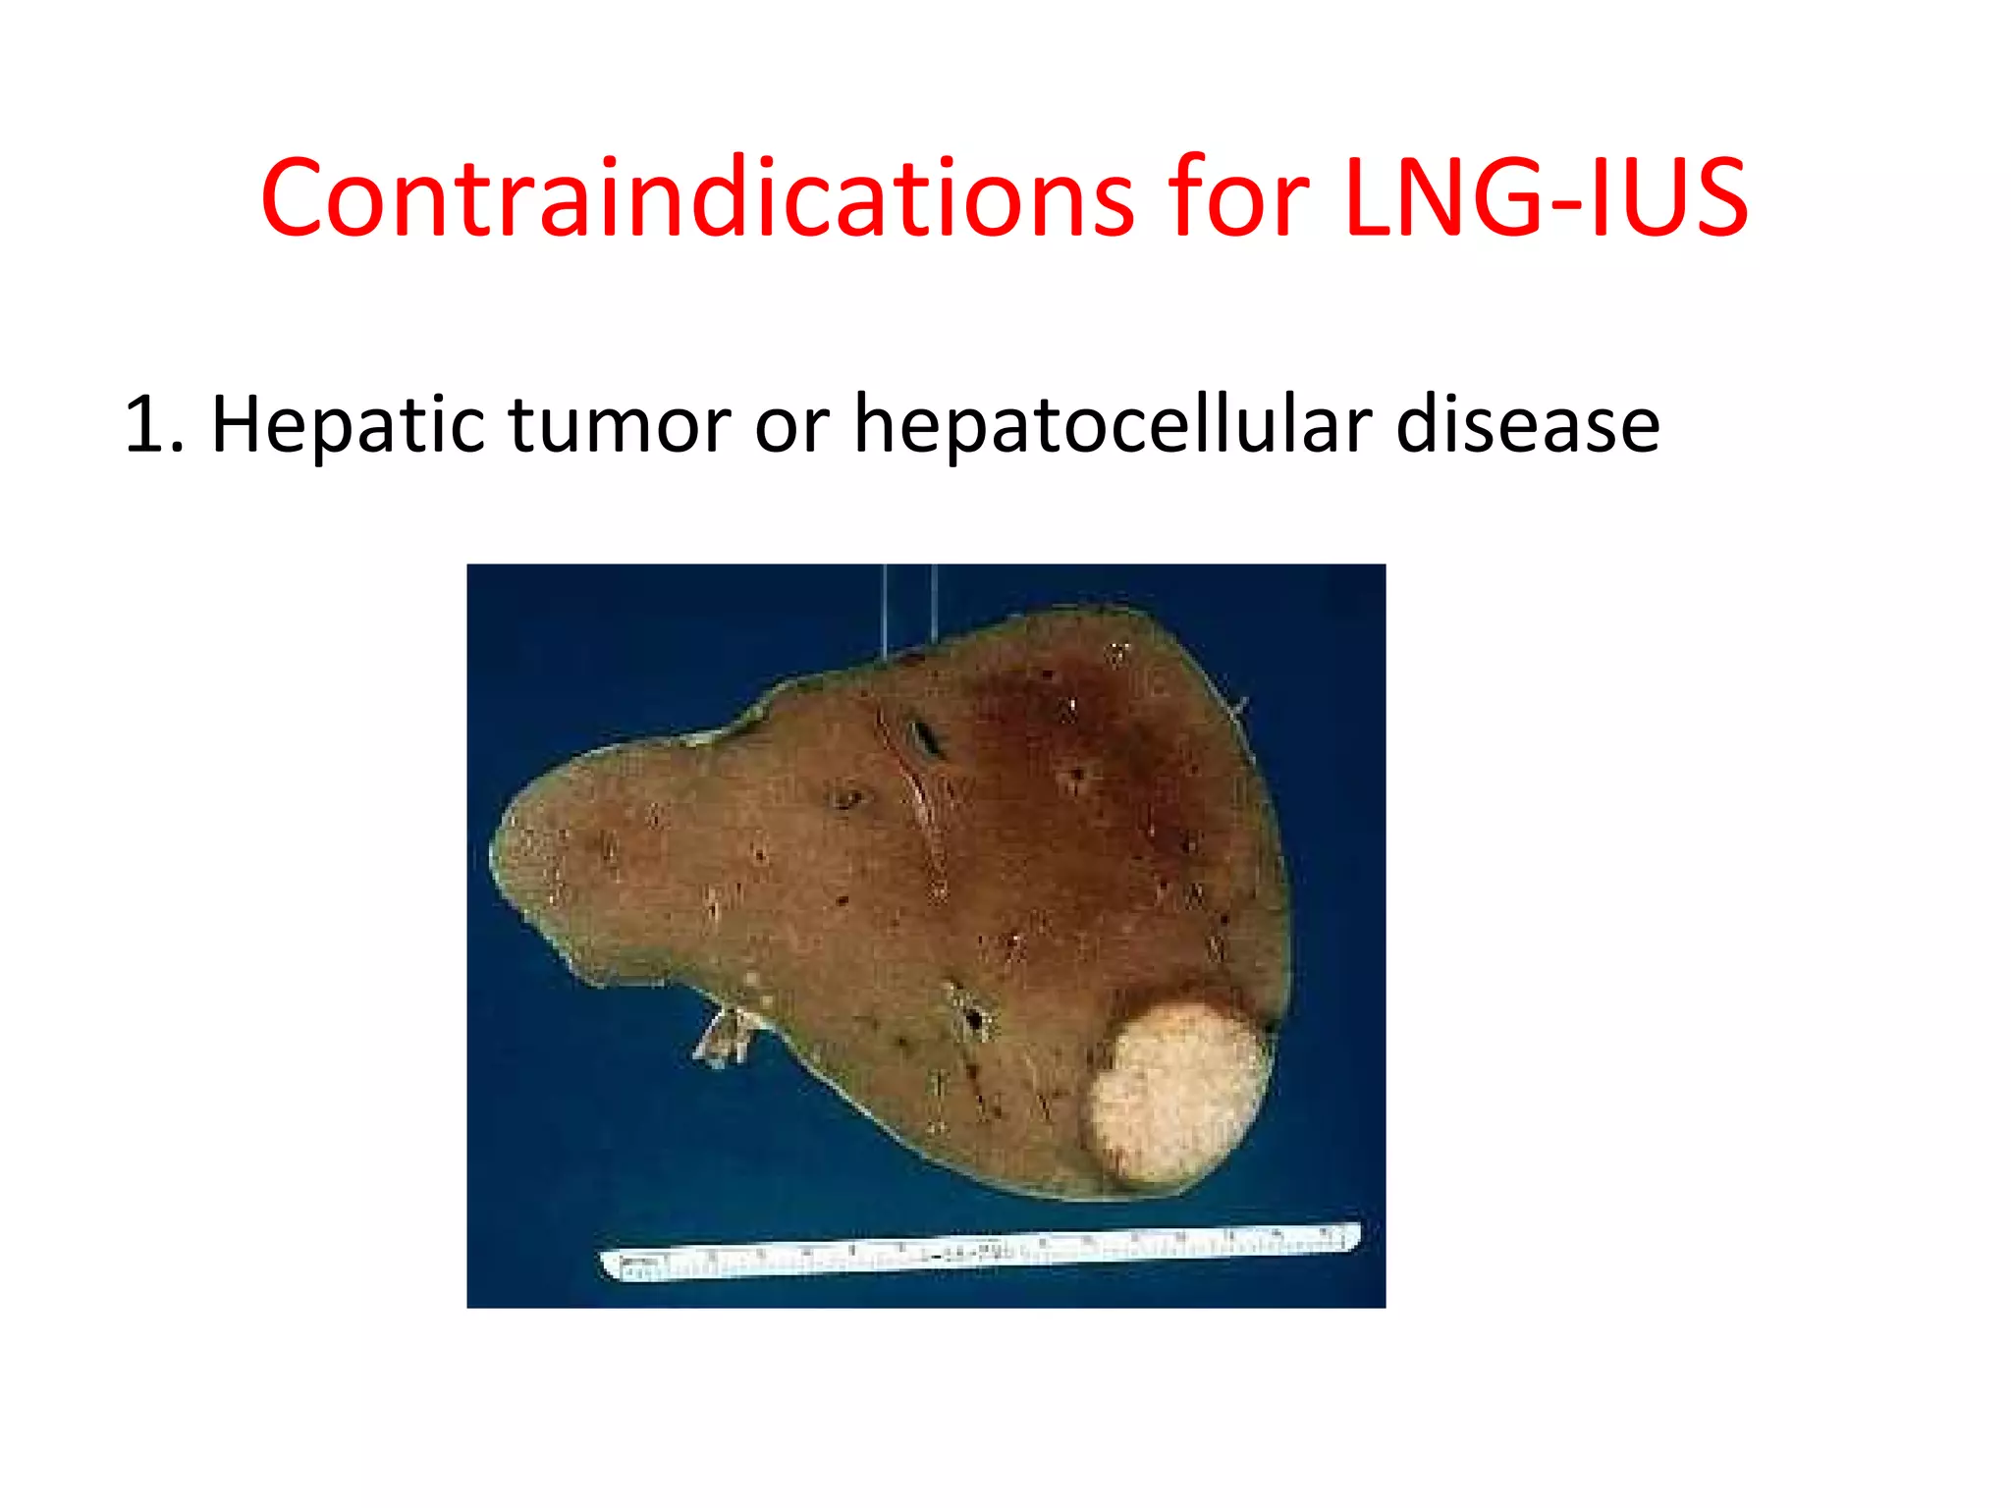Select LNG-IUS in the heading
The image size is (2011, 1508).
1547,198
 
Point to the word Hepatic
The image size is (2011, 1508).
349,424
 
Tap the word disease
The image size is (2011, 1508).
1527,424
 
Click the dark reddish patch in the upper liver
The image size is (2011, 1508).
1060,727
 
